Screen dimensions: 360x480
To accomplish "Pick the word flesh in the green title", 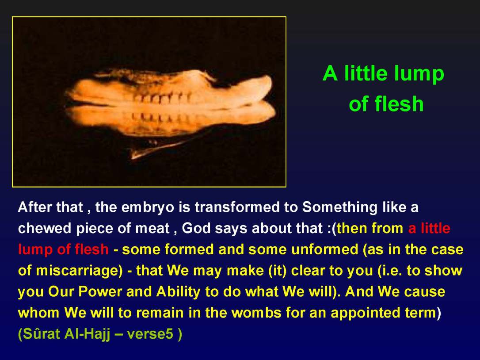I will click(400, 104).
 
